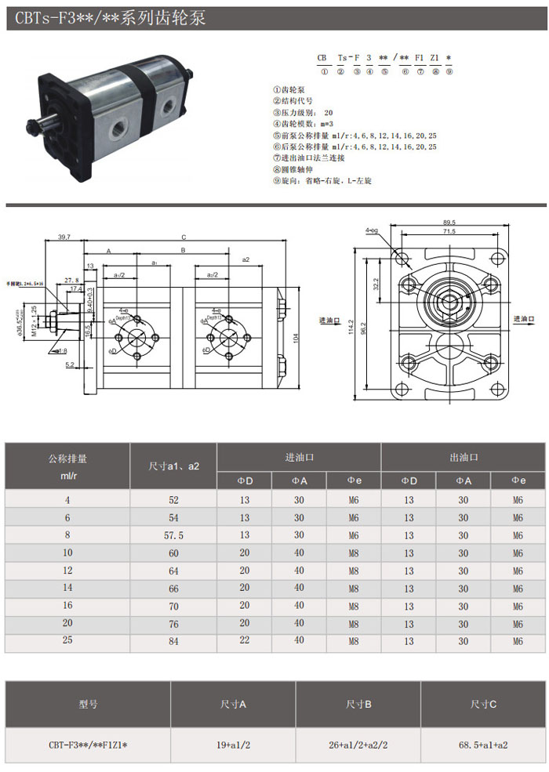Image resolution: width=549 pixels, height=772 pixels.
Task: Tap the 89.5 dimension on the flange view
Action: pos(449,222)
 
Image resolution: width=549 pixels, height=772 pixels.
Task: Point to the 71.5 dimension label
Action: pos(449,232)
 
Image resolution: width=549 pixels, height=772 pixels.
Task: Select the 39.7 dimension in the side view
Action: pos(64,236)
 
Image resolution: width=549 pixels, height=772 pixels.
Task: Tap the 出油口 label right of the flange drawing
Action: pos(524,319)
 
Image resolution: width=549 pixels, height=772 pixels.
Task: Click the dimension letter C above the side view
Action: pos(184,237)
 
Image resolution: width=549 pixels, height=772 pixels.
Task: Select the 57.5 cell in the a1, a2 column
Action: pos(173,535)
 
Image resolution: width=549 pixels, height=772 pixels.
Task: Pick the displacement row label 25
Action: pos(67,641)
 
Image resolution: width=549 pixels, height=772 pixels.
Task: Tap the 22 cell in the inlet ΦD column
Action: pos(245,641)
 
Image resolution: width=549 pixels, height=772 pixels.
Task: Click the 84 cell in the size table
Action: pos(173,641)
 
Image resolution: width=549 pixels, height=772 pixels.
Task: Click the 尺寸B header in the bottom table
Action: pos(358,705)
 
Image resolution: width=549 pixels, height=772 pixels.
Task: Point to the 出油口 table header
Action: pos(464,456)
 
